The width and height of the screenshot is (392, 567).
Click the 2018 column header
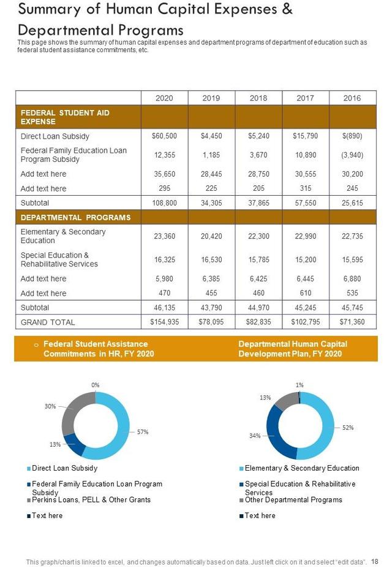[x=258, y=98]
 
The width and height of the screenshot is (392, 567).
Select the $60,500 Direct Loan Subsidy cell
[x=164, y=136]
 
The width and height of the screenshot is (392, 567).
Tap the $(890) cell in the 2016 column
[x=352, y=136]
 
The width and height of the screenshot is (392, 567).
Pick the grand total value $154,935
[x=164, y=322]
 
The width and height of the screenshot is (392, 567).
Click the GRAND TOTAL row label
[x=48, y=322]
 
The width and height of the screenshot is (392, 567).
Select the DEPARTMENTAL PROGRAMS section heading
[x=76, y=217]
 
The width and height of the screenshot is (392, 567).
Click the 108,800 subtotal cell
[x=164, y=202]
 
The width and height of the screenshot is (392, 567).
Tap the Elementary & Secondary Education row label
[x=63, y=236]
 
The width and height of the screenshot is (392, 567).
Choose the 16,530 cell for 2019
[x=211, y=260]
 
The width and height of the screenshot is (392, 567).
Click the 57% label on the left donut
[x=143, y=432]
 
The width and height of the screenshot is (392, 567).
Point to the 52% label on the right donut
[x=348, y=428]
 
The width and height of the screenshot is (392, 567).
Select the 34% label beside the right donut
[x=255, y=436]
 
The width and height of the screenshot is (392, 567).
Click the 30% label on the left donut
[x=50, y=406]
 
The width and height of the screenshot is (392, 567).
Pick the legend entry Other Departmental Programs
[x=293, y=499]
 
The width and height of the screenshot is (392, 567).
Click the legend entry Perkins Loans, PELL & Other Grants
[x=91, y=499]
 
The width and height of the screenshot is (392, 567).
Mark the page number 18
[x=375, y=561]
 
